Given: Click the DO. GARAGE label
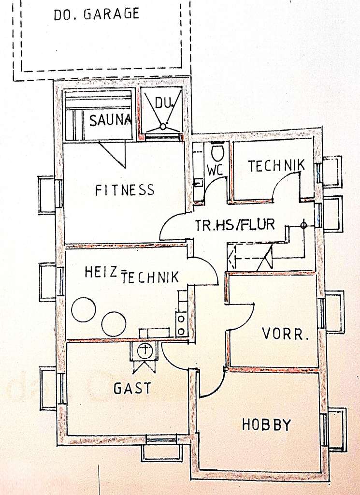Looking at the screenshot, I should click(96, 14).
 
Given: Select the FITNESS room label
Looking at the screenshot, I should click(125, 190).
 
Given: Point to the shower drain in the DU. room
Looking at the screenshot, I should click(163, 127).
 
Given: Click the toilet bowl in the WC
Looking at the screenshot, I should click(218, 153).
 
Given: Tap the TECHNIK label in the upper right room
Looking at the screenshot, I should click(276, 166).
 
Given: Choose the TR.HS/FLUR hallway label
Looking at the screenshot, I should click(235, 224).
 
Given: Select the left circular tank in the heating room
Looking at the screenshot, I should click(84, 309).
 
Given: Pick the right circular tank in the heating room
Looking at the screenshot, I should click(114, 324).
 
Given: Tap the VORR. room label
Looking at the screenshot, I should click(285, 334).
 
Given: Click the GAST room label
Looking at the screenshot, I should click(132, 388).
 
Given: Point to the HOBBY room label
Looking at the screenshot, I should click(266, 425).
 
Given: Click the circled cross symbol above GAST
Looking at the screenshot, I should click(144, 350).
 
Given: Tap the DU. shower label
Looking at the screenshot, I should click(163, 102).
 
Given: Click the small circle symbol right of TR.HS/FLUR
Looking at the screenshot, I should click(303, 225).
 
